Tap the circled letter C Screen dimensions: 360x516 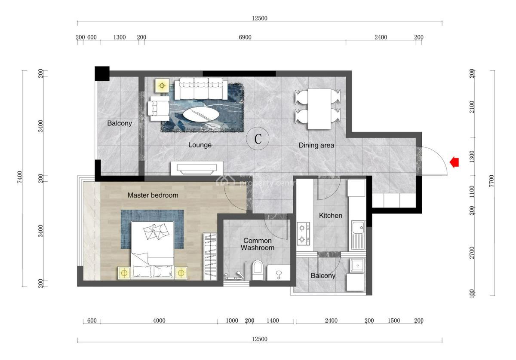coord(258,139)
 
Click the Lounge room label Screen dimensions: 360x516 coord(200,145)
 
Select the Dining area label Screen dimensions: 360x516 coord(316,145)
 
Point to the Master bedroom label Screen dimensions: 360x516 coord(153,195)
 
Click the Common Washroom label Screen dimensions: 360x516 coord(257,244)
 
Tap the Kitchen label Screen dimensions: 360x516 coord(330,215)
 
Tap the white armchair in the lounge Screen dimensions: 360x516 coord(158,106)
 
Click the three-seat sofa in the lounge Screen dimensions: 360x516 coord(201,88)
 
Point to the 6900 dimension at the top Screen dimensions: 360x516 coord(245,37)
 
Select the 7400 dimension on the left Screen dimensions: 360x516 coord(19,177)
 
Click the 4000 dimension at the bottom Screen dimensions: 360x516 coord(159,320)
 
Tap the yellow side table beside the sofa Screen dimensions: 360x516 coord(163,85)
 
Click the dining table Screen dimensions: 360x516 coord(319,109)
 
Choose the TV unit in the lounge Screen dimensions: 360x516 coord(197,168)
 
